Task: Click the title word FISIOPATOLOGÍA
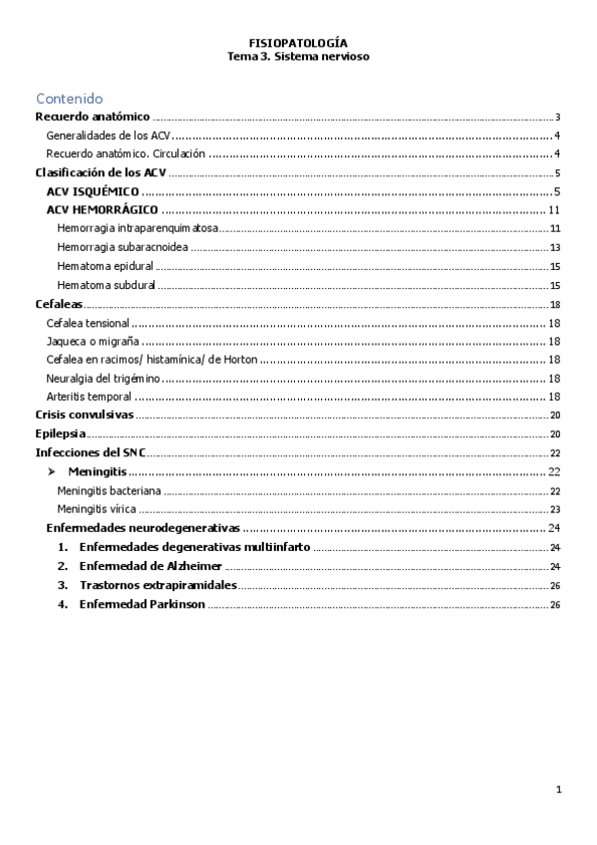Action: [x=298, y=44]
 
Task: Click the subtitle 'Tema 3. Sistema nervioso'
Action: [x=298, y=57]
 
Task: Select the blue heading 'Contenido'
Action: [x=69, y=99]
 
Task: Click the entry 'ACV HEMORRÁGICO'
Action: [x=104, y=210]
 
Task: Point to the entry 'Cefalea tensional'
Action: [x=88, y=323]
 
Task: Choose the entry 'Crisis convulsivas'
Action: [x=84, y=415]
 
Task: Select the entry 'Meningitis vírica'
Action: [x=99, y=508]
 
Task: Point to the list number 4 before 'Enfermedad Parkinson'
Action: [x=62, y=604]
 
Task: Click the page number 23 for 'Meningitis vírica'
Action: [x=555, y=508]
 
